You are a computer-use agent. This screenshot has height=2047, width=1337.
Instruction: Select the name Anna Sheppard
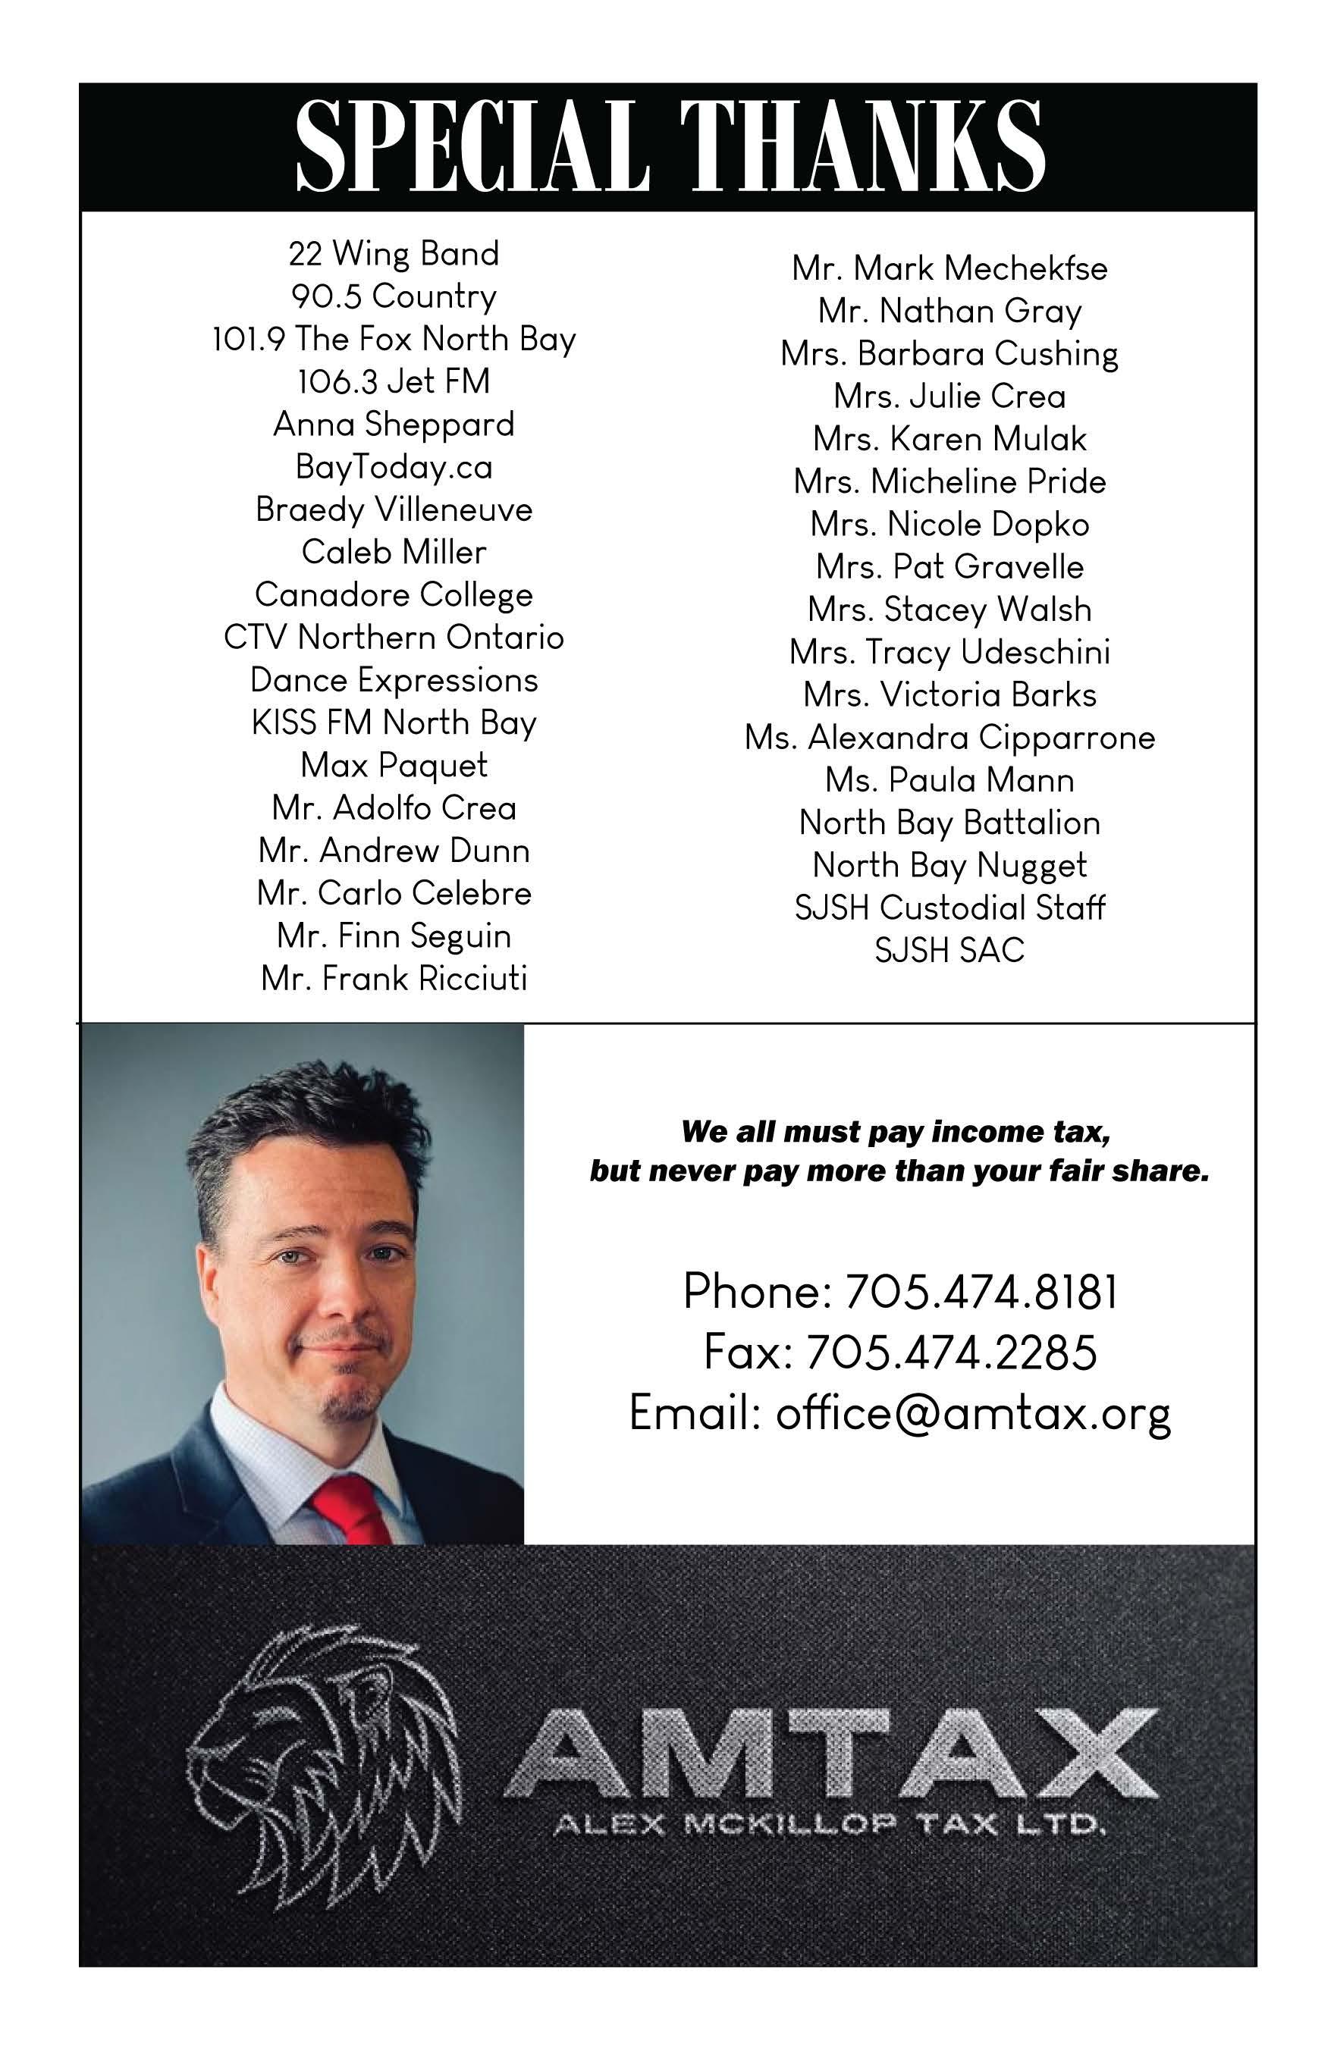(x=394, y=424)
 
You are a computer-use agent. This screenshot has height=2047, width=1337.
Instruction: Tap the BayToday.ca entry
(x=394, y=467)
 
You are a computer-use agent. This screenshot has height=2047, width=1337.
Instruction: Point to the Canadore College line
(x=394, y=595)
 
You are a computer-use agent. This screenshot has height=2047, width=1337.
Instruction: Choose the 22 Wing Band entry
(x=394, y=254)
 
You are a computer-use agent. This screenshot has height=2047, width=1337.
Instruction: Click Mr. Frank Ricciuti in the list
(x=394, y=979)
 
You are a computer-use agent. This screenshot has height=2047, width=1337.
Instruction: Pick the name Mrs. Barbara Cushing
(x=949, y=353)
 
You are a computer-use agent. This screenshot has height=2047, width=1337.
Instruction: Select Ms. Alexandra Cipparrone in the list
(x=949, y=738)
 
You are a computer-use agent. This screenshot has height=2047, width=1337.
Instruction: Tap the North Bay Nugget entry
(x=949, y=865)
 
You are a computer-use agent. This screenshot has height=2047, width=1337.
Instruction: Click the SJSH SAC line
(x=949, y=951)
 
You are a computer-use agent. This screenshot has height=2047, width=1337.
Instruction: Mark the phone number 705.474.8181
(x=981, y=1292)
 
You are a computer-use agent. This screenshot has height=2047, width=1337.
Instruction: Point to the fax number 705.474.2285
(x=951, y=1352)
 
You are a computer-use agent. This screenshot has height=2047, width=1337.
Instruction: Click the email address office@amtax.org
(x=973, y=1413)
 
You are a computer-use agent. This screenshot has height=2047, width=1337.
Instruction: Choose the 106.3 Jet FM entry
(x=394, y=382)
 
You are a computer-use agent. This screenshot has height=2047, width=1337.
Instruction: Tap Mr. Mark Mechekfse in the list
(x=949, y=268)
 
